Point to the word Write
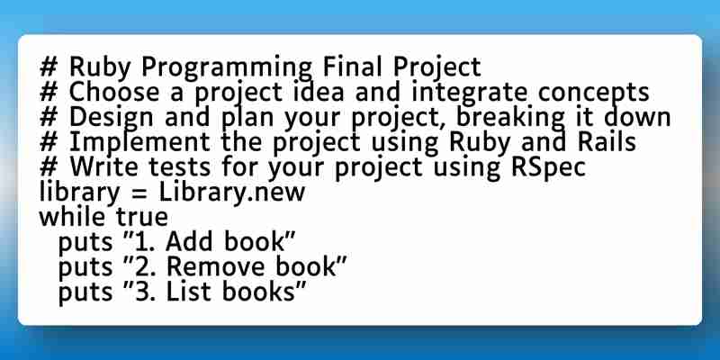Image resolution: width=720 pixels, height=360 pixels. [x=103, y=167]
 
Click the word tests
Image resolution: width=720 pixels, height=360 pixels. [x=179, y=168]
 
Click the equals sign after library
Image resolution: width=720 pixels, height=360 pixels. [x=139, y=193]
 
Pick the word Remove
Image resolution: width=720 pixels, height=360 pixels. [x=215, y=267]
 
